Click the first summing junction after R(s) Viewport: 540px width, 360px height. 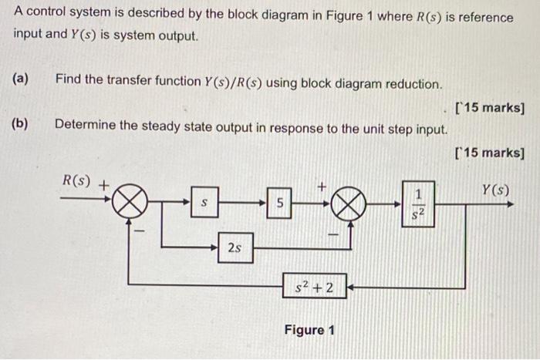click(x=131, y=204)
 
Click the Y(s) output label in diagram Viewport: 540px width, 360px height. click(x=495, y=188)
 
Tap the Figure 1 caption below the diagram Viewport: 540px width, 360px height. click(x=309, y=330)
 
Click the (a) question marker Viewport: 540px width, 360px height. click(x=21, y=78)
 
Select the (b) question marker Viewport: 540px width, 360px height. click(x=21, y=123)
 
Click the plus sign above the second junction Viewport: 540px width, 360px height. click(x=324, y=185)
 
